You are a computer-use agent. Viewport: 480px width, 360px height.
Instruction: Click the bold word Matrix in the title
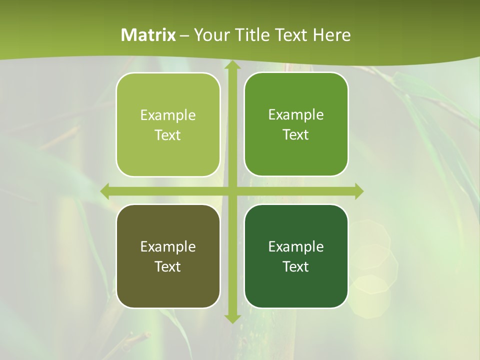pyautogui.click(x=148, y=35)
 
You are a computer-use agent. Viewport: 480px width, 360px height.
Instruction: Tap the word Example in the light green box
pyautogui.click(x=168, y=115)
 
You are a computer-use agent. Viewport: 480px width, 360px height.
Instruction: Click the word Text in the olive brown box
pyautogui.click(x=168, y=267)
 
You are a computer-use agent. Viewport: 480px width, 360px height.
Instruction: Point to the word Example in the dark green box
pyautogui.click(x=296, y=246)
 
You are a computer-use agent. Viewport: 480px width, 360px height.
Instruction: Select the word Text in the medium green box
pyautogui.click(x=296, y=135)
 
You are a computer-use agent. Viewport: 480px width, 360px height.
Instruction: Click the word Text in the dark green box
pyautogui.click(x=296, y=267)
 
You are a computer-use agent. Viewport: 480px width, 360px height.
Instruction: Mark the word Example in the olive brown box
pyautogui.click(x=168, y=246)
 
